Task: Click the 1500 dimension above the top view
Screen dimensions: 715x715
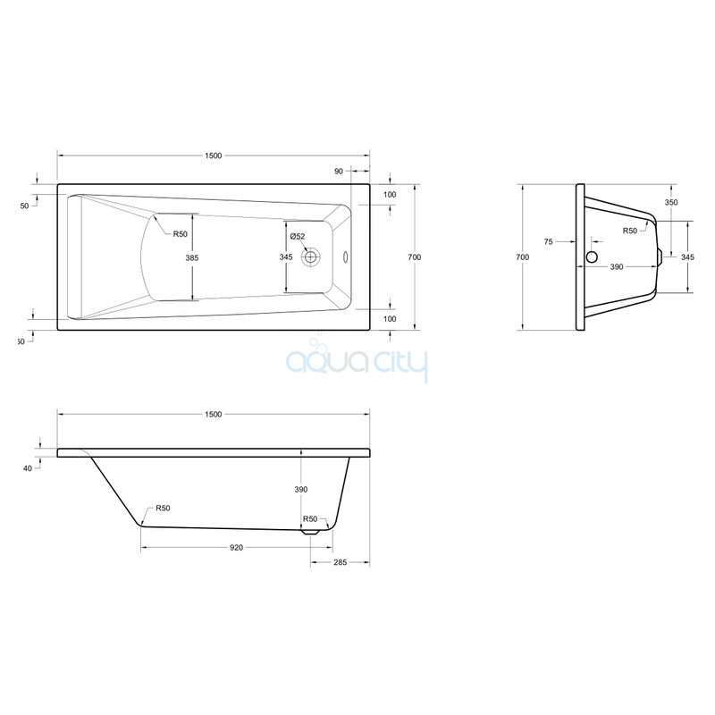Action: point(213,156)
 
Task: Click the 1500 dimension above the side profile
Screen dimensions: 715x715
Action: point(213,414)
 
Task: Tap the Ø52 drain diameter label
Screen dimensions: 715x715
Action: point(298,236)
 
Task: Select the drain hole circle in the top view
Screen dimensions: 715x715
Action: point(311,257)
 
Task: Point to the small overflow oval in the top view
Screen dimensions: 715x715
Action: point(345,257)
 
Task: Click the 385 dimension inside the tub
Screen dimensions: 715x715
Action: point(192,257)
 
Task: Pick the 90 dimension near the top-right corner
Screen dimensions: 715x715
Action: point(339,172)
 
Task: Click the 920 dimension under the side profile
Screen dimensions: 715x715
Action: point(236,548)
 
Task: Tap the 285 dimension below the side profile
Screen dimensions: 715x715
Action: point(341,562)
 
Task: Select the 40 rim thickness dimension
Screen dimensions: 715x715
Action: point(28,468)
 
